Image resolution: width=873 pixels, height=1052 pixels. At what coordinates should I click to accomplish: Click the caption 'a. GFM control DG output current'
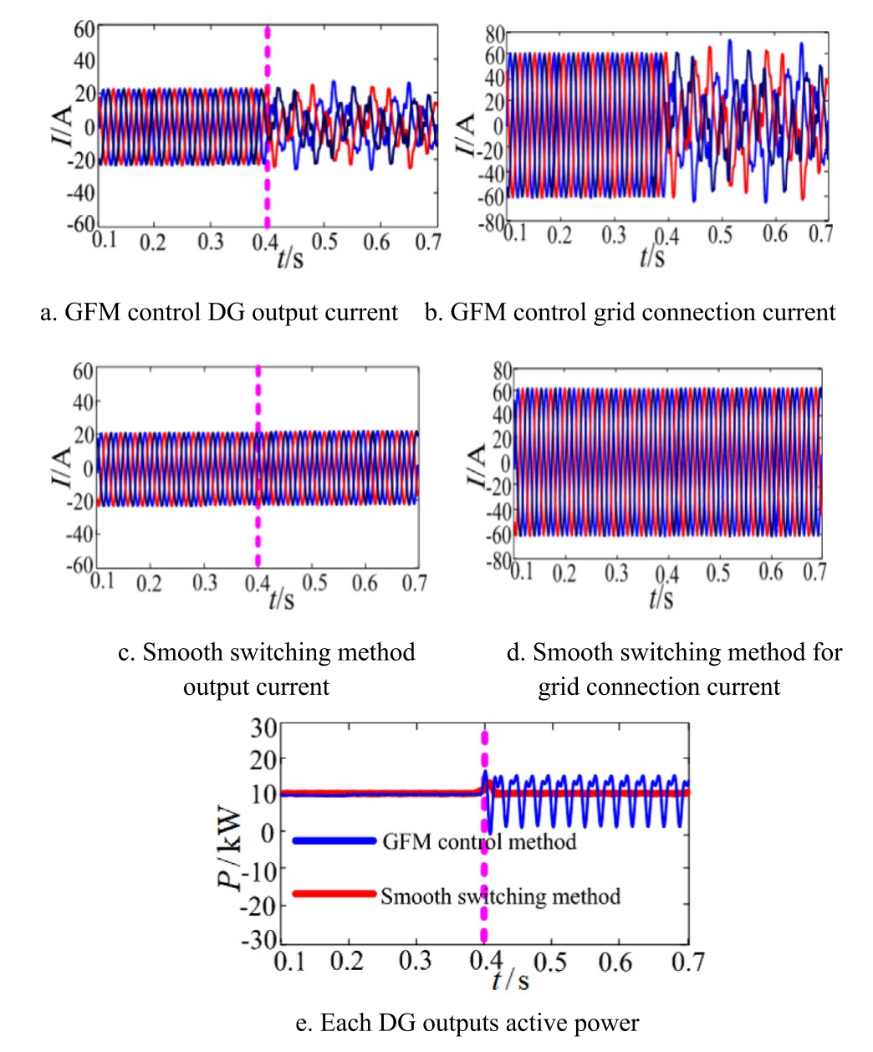219,313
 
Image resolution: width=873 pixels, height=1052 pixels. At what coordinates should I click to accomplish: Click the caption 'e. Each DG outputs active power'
467,1023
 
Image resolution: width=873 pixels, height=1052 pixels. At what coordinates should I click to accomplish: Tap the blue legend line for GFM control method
334,840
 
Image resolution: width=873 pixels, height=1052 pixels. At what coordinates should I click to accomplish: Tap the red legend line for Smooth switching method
334,894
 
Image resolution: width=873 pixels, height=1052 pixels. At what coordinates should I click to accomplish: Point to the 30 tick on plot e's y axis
264,728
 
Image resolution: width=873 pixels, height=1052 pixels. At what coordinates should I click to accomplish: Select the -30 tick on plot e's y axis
259,940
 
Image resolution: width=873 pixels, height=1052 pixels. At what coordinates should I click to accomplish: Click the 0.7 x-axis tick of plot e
687,963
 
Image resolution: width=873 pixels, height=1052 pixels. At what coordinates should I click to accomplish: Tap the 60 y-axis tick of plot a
84,29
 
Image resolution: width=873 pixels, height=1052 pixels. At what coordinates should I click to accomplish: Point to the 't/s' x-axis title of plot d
661,597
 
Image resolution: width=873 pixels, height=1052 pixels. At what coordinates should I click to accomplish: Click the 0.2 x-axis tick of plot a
153,243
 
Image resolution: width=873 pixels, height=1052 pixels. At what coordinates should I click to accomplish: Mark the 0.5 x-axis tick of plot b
720,235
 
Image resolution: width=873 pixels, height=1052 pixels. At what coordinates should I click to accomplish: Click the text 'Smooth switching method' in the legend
500,896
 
